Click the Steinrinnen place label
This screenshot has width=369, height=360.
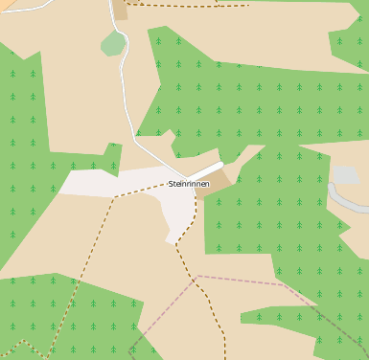coord(189,184)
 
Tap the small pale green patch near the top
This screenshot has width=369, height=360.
coord(113,43)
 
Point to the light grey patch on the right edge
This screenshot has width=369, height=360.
coord(345,174)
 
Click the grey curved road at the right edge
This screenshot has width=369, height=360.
coord(345,202)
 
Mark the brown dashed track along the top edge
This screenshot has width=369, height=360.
coord(192,6)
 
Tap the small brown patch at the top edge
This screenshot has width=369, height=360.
coord(120,9)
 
